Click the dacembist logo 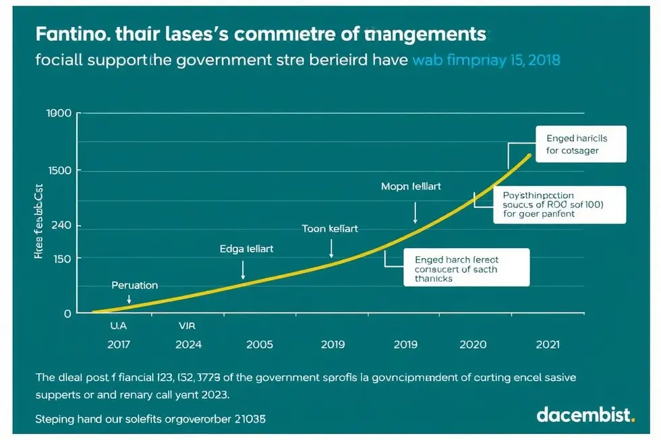585,414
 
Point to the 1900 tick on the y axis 59,113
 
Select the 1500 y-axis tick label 59,170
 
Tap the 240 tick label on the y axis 62,226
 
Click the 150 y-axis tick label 62,258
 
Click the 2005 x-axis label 260,344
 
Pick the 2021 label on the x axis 546,344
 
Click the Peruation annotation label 135,285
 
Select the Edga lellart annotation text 247,249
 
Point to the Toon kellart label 330,229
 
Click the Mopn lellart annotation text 411,186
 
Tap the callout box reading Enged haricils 581,144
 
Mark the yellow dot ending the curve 530,156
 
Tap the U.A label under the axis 118,325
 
